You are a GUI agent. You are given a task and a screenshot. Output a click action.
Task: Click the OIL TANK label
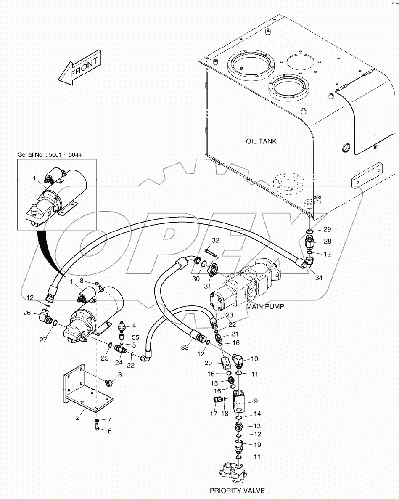(261, 141)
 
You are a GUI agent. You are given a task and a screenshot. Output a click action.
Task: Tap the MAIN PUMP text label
(265, 306)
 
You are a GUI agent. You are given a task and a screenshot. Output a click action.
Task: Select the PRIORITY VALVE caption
(238, 491)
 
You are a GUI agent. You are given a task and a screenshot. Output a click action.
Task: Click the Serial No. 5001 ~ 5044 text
(50, 155)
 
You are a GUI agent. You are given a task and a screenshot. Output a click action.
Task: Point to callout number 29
(327, 229)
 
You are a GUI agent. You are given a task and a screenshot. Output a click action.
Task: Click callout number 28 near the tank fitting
(327, 242)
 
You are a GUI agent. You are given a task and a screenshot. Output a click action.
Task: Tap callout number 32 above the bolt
(216, 241)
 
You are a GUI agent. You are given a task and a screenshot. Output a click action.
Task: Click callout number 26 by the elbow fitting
(27, 313)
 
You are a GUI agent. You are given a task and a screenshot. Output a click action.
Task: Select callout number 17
(214, 414)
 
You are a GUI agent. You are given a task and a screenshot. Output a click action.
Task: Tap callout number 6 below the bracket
(110, 431)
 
